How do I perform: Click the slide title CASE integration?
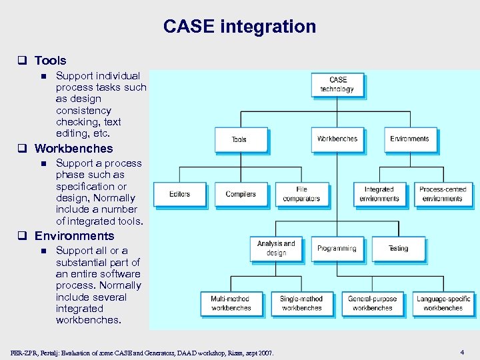(x=239, y=27)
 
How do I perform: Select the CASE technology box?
(x=337, y=85)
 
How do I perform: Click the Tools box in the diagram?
(x=241, y=139)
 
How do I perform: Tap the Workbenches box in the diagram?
(x=337, y=139)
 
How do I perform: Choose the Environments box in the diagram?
(x=409, y=139)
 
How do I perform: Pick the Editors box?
(x=179, y=194)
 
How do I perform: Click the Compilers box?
(x=241, y=194)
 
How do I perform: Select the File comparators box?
(x=301, y=194)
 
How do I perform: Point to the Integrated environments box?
(x=379, y=194)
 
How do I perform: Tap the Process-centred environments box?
(x=443, y=194)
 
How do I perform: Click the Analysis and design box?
(x=276, y=249)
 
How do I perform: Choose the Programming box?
(x=337, y=249)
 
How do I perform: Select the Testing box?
(x=398, y=249)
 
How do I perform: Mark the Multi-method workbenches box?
(x=231, y=303)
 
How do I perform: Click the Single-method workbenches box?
(x=301, y=303)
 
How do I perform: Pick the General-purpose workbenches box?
(x=372, y=303)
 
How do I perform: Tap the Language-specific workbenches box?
(x=443, y=303)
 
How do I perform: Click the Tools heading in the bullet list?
(x=51, y=61)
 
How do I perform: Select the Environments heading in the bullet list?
(x=74, y=236)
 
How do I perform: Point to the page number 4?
(x=462, y=351)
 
